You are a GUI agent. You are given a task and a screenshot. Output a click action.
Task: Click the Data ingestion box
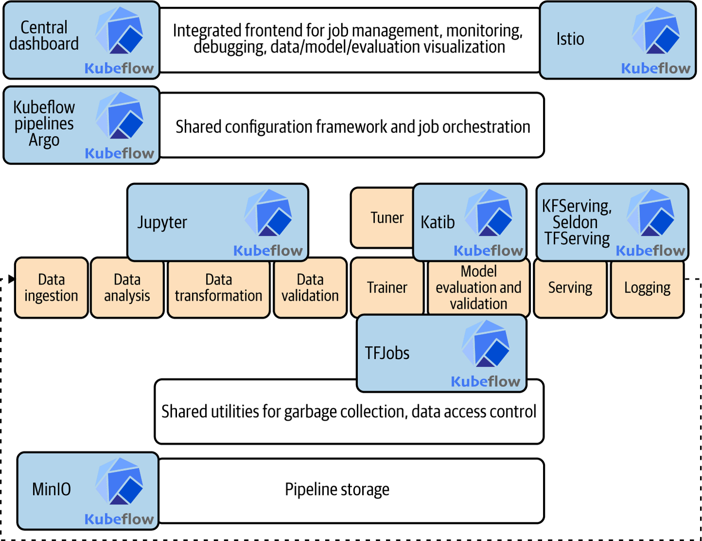tap(51, 288)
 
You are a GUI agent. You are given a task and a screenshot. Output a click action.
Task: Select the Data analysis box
tap(127, 288)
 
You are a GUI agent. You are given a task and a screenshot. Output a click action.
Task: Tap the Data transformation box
tap(218, 288)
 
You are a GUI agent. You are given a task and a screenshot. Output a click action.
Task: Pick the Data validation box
tap(310, 288)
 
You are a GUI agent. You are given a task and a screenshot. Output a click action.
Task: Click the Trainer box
tap(387, 288)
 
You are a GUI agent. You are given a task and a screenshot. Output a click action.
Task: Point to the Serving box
tap(570, 288)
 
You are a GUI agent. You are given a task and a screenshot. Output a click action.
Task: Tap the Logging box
tap(647, 288)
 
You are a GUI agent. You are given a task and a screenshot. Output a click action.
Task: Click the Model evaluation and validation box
tap(478, 288)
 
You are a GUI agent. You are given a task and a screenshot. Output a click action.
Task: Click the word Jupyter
tap(162, 222)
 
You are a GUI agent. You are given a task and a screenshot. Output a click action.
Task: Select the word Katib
tap(437, 222)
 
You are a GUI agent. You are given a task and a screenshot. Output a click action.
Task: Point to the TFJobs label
tap(387, 353)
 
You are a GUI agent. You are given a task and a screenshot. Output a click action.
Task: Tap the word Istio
tap(570, 39)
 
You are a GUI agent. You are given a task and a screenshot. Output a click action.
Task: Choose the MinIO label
tap(51, 489)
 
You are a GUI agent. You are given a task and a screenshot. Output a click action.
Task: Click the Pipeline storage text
tap(337, 489)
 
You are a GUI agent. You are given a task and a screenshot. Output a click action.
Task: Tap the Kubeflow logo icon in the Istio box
tap(656, 30)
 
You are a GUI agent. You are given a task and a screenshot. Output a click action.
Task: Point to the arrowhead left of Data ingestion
tap(11, 279)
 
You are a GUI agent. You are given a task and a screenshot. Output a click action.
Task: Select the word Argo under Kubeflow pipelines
tap(44, 140)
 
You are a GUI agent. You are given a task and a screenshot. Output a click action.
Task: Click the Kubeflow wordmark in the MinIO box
tap(119, 519)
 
